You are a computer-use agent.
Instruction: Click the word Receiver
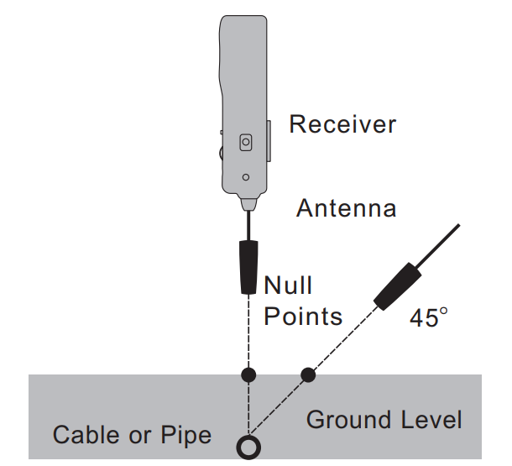[x=342, y=124]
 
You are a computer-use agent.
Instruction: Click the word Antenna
[x=346, y=207]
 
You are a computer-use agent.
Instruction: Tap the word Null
[x=288, y=286]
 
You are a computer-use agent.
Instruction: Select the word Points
[x=303, y=317]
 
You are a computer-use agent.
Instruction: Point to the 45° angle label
[x=429, y=317]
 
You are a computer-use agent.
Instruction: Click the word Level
[x=431, y=419]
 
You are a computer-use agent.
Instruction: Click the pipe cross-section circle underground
[x=248, y=446]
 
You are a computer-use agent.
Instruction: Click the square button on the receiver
[x=245, y=143]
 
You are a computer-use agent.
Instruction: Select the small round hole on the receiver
[x=245, y=177]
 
